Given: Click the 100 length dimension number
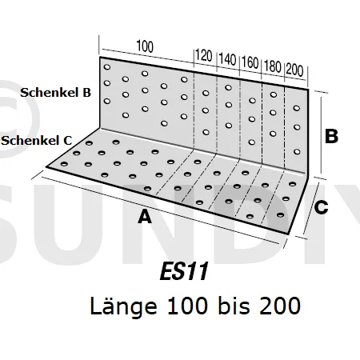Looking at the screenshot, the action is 145,46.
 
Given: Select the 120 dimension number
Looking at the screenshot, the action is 204,56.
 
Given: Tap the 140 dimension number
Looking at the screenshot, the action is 227,59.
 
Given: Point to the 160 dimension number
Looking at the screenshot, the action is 250,63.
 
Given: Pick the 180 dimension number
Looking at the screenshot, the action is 273,66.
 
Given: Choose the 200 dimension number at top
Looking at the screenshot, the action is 294,70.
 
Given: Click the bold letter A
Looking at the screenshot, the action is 145,217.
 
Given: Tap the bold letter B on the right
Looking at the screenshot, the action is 331,136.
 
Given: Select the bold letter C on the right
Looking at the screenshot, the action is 321,207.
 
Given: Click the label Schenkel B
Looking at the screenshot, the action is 55,93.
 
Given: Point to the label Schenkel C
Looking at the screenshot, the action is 37,141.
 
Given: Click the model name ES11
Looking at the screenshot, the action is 184,271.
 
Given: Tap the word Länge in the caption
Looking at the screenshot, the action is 123,306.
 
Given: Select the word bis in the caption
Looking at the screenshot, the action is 234,306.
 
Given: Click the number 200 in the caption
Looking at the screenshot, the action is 280,306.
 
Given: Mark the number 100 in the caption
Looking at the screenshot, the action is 186,306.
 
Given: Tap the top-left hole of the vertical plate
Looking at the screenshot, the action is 107,67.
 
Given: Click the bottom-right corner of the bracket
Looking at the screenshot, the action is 288,234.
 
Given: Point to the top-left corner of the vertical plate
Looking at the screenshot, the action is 100,57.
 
